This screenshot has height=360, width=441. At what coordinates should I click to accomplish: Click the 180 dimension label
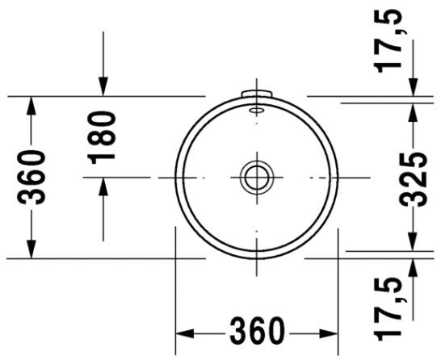(102, 138)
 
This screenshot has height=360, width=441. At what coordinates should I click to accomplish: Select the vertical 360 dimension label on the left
(31, 177)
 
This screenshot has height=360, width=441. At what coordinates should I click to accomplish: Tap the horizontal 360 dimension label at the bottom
(258, 331)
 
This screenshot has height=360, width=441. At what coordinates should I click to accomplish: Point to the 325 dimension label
(414, 179)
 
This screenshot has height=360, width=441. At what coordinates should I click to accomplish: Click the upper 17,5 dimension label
(390, 40)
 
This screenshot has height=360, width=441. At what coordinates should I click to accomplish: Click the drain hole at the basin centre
(257, 178)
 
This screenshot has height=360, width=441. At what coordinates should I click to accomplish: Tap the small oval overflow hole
(257, 110)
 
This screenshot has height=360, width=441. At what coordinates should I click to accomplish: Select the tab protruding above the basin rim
(257, 94)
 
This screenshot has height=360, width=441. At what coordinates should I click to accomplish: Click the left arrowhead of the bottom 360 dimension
(185, 333)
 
